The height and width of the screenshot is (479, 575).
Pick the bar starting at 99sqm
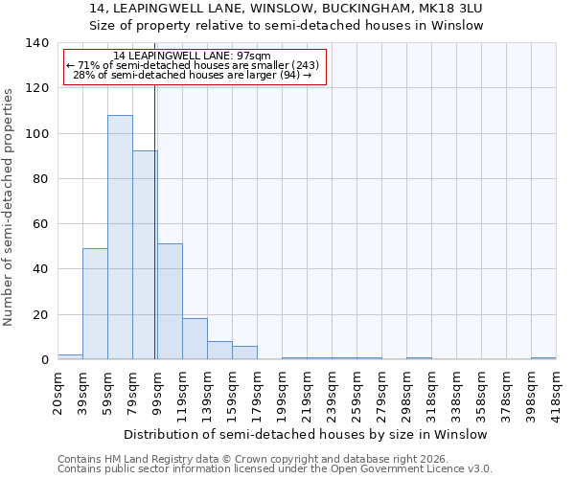[170, 302]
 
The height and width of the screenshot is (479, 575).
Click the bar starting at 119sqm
[195, 339]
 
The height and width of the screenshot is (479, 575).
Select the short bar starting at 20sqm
[70, 356]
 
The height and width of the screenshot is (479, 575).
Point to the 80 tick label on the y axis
[39, 179]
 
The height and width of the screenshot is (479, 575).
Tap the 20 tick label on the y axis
[39, 315]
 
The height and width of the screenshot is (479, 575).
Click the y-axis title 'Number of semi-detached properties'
[9, 207]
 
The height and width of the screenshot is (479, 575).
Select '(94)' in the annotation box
[288, 75]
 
